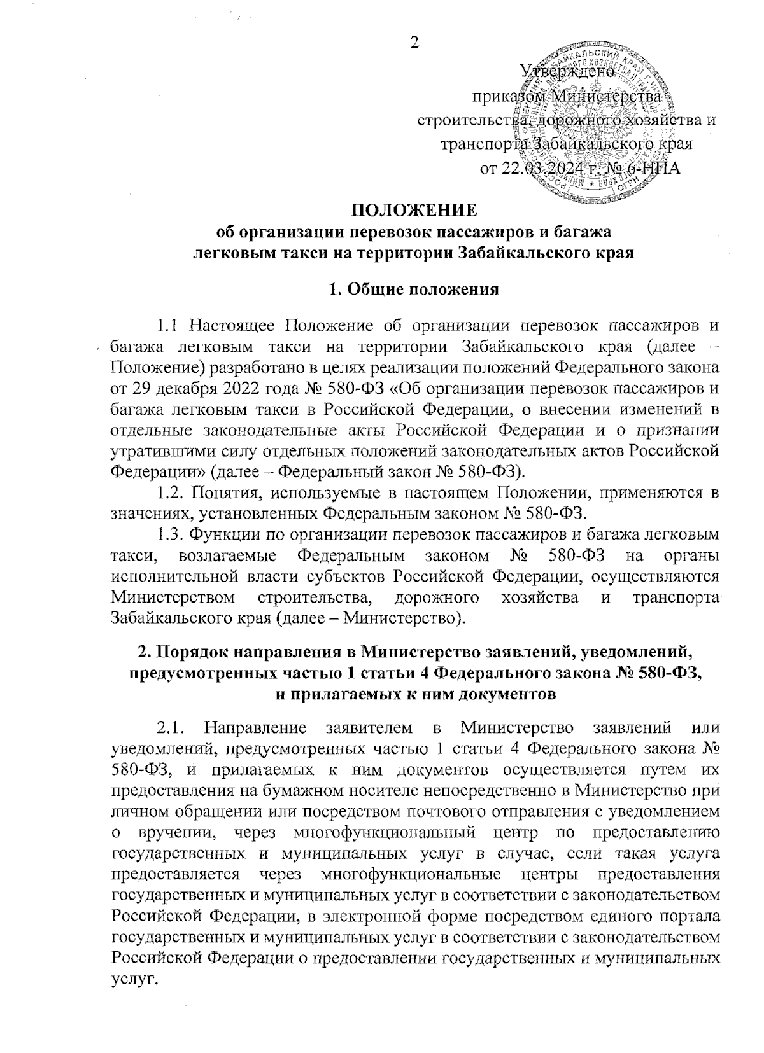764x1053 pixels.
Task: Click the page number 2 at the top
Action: click(414, 43)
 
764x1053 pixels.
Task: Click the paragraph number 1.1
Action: click(167, 327)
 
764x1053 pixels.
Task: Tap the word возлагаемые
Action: click(228, 555)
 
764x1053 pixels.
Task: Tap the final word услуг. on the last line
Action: click(133, 978)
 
